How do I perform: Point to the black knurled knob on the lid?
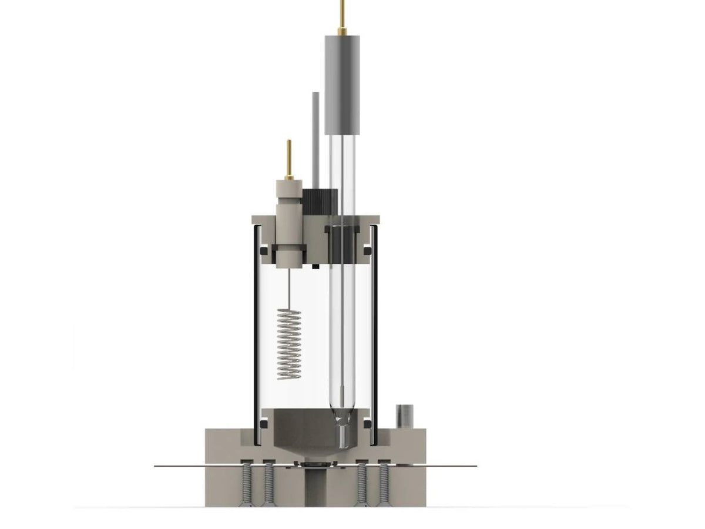(x=318, y=203)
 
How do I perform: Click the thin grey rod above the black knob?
(x=316, y=138)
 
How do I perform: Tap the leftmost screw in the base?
(x=247, y=485)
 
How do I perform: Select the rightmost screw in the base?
(x=385, y=485)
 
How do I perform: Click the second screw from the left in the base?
(x=269, y=485)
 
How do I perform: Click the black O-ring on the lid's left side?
(x=263, y=251)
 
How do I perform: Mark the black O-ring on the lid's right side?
(x=368, y=251)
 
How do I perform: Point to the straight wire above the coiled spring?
(x=289, y=288)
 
